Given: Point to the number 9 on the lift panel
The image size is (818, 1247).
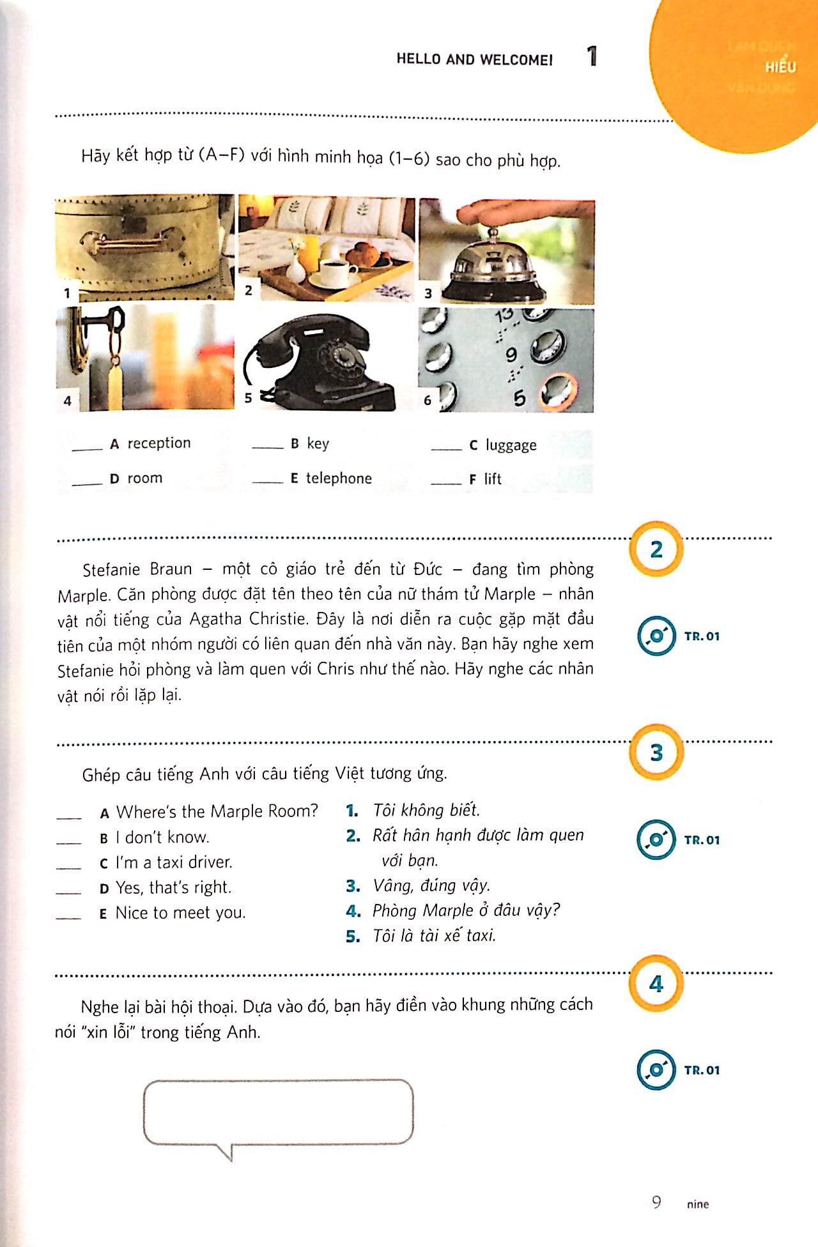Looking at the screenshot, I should (511, 354).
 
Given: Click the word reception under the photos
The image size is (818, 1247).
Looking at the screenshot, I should (158, 443).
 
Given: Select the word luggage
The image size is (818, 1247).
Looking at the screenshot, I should (511, 445).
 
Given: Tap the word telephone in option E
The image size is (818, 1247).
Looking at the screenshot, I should (339, 478).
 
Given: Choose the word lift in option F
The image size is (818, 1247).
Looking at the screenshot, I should (493, 479).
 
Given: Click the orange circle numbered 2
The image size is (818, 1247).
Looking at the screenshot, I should (656, 549).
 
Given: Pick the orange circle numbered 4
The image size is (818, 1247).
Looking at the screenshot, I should (656, 984).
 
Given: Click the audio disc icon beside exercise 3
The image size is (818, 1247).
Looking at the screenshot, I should (656, 840).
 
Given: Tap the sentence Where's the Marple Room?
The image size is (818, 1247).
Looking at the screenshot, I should (217, 811).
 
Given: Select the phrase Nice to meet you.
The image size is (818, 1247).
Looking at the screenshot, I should (180, 913).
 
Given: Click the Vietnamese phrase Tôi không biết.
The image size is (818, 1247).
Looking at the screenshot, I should (426, 810).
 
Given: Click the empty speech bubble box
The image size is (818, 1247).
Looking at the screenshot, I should (278, 1113).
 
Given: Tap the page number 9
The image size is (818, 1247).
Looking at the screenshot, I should (656, 1203).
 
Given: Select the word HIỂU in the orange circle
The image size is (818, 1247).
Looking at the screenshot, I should (780, 66).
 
